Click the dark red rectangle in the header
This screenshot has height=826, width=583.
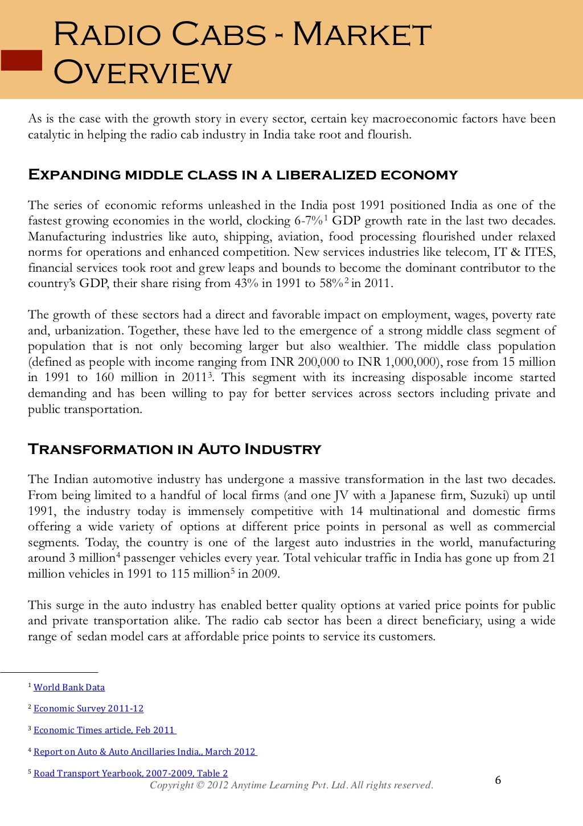pos(22,60)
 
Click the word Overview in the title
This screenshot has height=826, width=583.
pos(143,72)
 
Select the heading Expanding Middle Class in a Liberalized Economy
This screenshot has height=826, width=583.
pos(243,175)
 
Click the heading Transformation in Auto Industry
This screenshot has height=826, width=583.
pos(174,449)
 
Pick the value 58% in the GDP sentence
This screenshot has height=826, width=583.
pos(331,284)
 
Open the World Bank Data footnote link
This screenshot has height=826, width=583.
pos(69,688)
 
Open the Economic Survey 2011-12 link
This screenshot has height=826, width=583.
pos(88,709)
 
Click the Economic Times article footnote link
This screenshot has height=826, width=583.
pos(104,730)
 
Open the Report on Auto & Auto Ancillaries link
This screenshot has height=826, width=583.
pos(145,752)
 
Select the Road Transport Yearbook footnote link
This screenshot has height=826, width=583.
pos(130,773)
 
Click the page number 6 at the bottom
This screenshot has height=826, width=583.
pos(498,780)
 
